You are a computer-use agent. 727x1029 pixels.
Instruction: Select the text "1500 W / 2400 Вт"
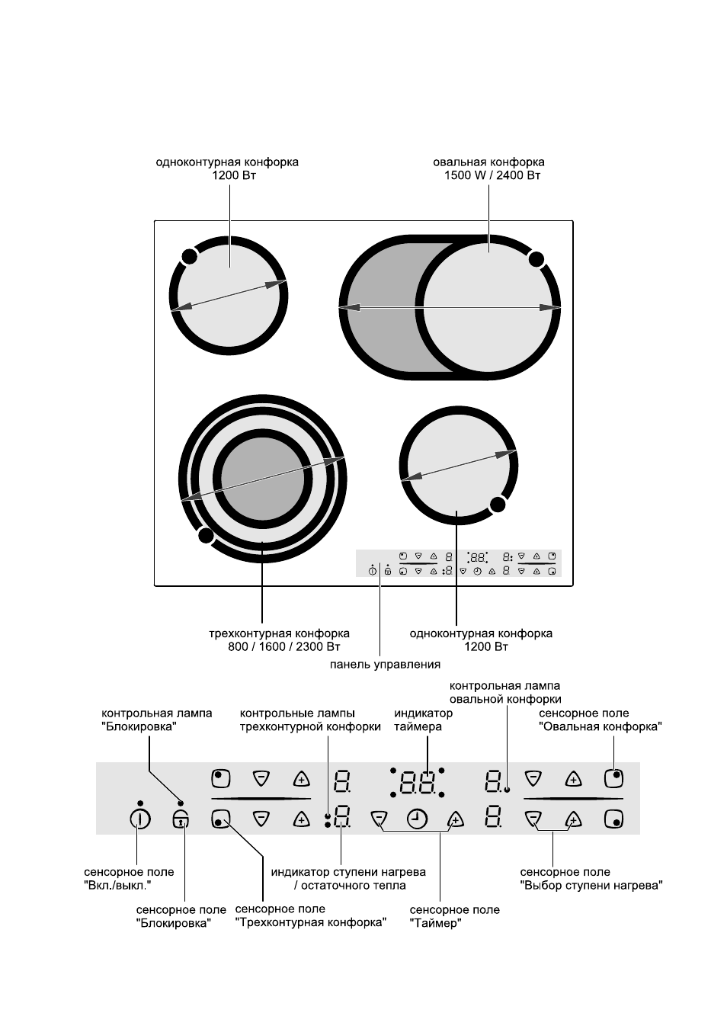pyautogui.click(x=492, y=175)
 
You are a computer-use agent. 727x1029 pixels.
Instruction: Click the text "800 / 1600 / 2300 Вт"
pyautogui.click(x=284, y=647)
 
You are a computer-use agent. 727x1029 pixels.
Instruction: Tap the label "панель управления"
pyautogui.click(x=385, y=664)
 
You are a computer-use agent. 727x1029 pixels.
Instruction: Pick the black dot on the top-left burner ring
pyautogui.click(x=189, y=257)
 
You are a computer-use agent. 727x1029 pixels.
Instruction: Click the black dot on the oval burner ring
pyautogui.click(x=536, y=259)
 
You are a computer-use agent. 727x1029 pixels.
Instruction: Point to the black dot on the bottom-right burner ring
pyautogui.click(x=498, y=505)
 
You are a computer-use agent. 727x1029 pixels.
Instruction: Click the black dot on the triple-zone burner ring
pyautogui.click(x=205, y=536)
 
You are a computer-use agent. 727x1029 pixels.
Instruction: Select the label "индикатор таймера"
pyautogui.click(x=423, y=720)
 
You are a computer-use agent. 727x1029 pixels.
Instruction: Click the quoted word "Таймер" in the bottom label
pyautogui.click(x=435, y=923)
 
